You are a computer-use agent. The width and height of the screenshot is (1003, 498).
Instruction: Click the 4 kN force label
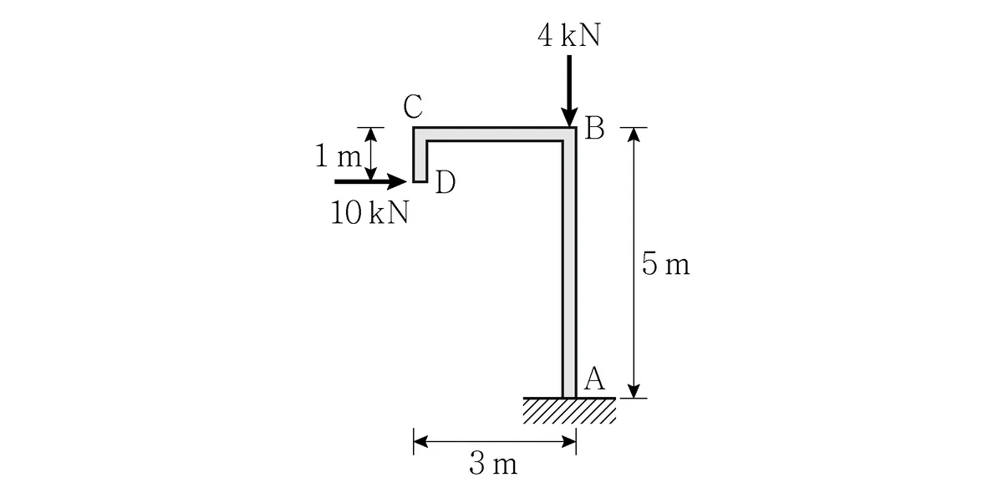pyautogui.click(x=568, y=35)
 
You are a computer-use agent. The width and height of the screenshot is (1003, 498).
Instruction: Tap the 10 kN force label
pyautogui.click(x=369, y=212)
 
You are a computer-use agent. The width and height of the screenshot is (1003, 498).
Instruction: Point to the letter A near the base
pyautogui.click(x=594, y=379)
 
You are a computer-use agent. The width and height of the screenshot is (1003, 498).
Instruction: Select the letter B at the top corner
pyautogui.click(x=594, y=129)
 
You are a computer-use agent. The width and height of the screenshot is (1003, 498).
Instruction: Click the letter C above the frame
pyautogui.click(x=412, y=106)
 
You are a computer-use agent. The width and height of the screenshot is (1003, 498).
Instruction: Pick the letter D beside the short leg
pyautogui.click(x=445, y=182)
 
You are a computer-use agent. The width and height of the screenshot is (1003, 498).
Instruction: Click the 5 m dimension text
pyautogui.click(x=665, y=263)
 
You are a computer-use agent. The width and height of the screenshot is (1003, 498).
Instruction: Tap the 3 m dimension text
pyautogui.click(x=493, y=463)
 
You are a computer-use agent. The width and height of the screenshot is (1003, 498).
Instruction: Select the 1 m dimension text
pyautogui.click(x=338, y=156)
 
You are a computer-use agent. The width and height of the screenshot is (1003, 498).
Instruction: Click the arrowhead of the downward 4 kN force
pyautogui.click(x=569, y=117)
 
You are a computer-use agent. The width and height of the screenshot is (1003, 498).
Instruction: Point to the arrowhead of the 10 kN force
pyautogui.click(x=397, y=181)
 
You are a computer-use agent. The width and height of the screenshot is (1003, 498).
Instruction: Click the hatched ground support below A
pyautogui.click(x=569, y=410)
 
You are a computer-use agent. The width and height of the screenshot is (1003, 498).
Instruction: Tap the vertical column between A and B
pyautogui.click(x=569, y=268)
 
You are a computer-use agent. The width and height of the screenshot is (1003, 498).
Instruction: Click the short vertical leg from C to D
pyautogui.click(x=420, y=155)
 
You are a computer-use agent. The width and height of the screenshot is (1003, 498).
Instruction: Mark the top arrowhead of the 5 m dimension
pyautogui.click(x=634, y=135)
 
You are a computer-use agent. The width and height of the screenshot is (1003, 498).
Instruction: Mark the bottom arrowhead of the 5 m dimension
pyautogui.click(x=634, y=391)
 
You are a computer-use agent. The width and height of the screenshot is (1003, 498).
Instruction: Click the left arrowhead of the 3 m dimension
pyautogui.click(x=420, y=442)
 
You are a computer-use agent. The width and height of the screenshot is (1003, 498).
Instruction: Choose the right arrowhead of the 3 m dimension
pyautogui.click(x=569, y=442)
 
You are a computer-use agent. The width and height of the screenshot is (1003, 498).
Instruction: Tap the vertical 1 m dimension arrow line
pyautogui.click(x=370, y=154)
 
